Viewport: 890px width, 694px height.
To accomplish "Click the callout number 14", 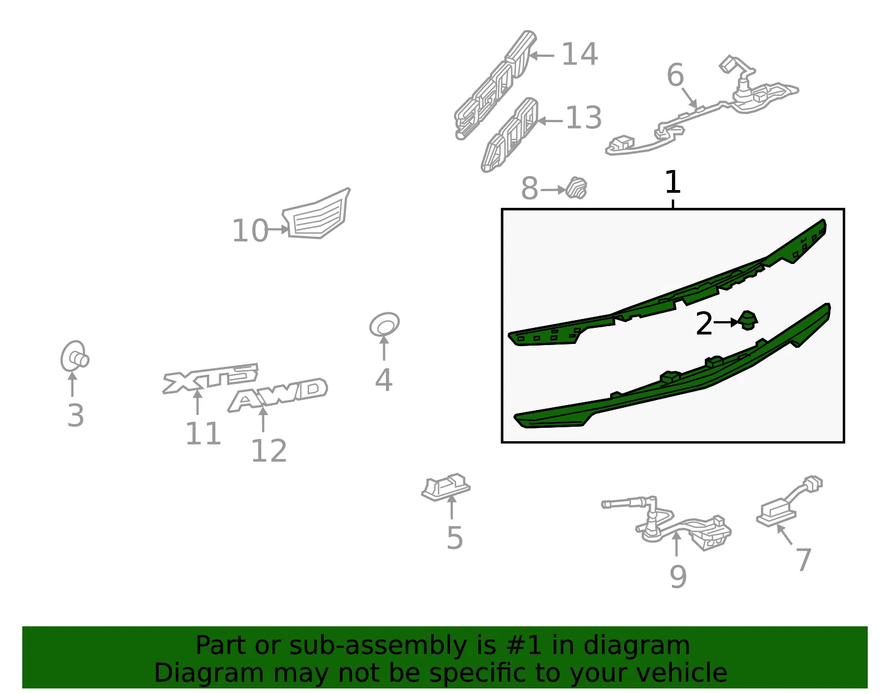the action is pos(580,54).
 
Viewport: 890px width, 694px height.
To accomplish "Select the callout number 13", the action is pos(584,117).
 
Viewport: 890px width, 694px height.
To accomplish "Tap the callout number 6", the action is pos(675,75).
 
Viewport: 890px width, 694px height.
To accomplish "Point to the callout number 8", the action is pos(529,188).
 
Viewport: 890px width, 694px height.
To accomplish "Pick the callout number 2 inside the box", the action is pos(704,323).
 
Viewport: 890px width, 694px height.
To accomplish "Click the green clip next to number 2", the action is pos(748,321).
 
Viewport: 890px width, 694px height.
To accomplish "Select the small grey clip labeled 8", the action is pos(576,188).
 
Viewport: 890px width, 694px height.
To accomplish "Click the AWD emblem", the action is pos(278,395).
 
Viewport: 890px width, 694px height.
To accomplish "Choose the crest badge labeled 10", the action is pos(316,213).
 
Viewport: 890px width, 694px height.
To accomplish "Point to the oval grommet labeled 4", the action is pos(384,324).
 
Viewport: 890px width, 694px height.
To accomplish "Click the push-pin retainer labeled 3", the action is pos(75,357).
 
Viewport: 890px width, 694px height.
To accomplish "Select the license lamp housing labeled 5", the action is pos(446,487).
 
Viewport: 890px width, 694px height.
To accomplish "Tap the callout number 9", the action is pos(678,577).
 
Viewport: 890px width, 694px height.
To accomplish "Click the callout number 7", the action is pos(803,560).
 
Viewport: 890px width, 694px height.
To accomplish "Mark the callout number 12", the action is pos(269,451).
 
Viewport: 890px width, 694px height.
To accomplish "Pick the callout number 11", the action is pos(203,433).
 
